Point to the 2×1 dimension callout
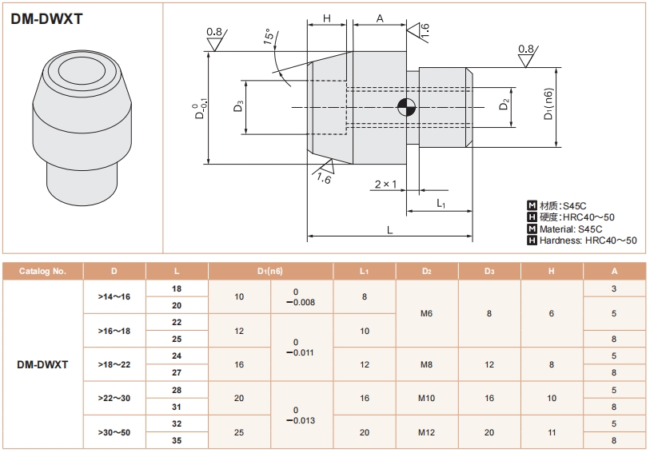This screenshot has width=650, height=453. [385, 185]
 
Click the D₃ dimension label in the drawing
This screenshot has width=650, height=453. [239, 106]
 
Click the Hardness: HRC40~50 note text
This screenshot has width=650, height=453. [588, 240]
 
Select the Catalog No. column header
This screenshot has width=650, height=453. [44, 271]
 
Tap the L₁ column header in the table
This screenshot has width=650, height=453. [365, 271]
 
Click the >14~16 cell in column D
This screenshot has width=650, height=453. [114, 296]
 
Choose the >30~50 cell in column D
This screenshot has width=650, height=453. [114, 432]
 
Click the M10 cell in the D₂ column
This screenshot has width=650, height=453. [427, 398]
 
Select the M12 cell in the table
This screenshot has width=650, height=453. [427, 432]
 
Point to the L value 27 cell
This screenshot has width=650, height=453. [177, 372]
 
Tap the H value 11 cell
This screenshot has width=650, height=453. [552, 432]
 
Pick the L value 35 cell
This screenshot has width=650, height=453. [177, 440]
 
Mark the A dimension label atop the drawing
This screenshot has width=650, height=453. [380, 18]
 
